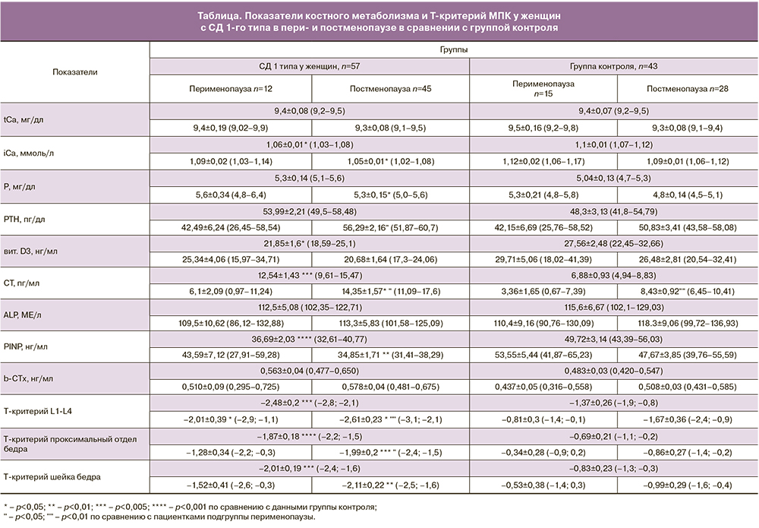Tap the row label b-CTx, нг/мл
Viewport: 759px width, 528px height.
(29, 378)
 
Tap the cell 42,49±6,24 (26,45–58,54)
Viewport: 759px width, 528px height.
(230, 226)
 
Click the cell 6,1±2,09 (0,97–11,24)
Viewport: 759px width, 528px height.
(230, 291)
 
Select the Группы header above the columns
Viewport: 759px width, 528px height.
(454, 49)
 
